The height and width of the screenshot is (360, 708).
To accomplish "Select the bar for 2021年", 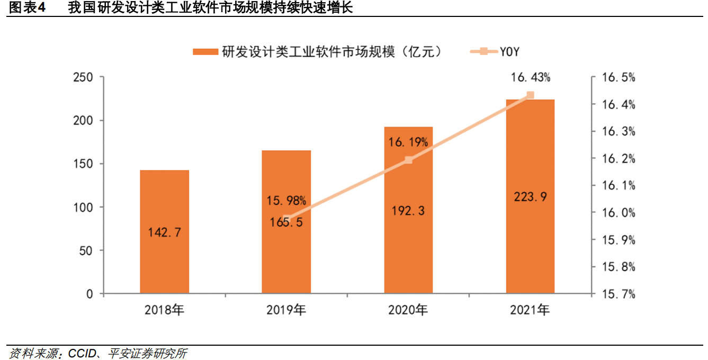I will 530,159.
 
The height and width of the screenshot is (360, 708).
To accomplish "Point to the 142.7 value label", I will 164,232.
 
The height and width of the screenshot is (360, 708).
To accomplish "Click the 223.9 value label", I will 530,197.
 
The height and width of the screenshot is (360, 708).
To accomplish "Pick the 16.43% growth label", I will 530,78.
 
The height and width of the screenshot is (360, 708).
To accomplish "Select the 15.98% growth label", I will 286,201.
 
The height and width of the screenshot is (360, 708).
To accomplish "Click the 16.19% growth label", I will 408,142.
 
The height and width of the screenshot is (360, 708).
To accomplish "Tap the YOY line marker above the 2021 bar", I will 530,95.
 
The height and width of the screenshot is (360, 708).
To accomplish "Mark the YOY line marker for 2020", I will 408,160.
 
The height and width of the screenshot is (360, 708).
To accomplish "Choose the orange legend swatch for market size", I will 205,51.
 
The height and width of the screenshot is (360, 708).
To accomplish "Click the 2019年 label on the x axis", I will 286,310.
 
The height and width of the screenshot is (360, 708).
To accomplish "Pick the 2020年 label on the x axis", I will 408,310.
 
